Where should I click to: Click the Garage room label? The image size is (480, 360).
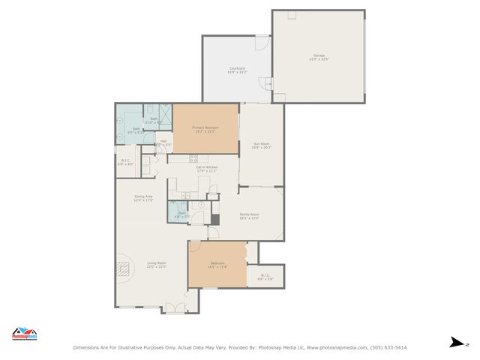(x=319, y=57)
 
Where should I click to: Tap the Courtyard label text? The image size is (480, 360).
(x=238, y=70)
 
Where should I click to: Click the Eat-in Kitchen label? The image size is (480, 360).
(x=207, y=169)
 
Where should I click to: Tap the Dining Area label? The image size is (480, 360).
(x=144, y=198)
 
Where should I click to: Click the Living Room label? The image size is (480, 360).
(x=156, y=264)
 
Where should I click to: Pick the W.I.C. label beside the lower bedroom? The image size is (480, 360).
(x=265, y=277)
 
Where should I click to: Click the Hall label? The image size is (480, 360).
(x=163, y=142)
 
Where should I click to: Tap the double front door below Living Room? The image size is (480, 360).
(x=175, y=307)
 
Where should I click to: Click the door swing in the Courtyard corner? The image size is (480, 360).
(x=262, y=43)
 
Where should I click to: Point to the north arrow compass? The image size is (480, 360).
(x=455, y=342)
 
